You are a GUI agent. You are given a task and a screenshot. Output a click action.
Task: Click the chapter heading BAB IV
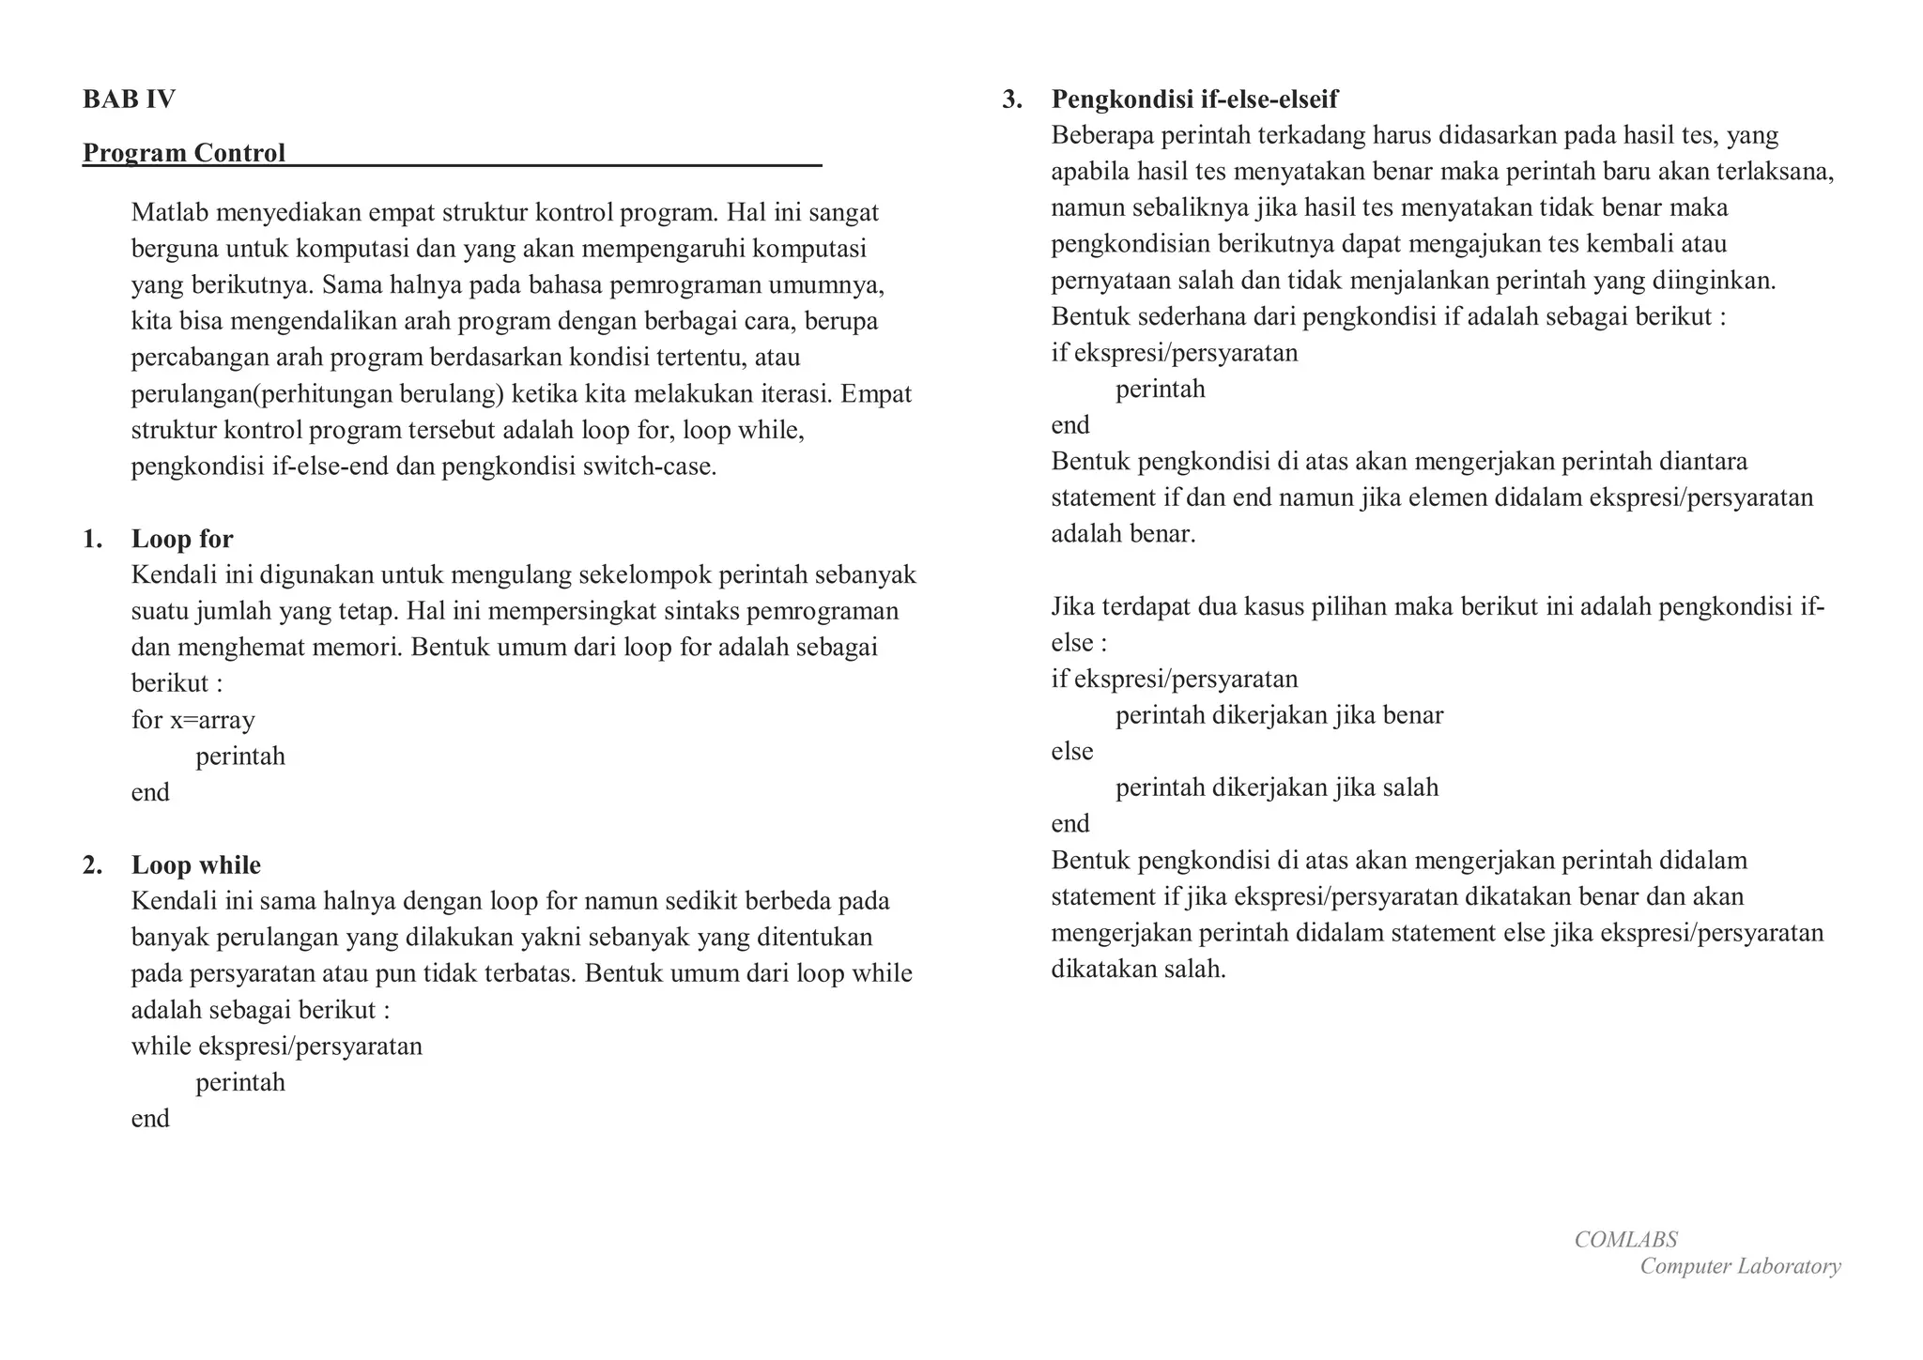[x=129, y=99]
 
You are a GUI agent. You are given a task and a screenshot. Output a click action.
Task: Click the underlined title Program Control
[x=184, y=153]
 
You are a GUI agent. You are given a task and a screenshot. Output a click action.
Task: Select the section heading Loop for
[x=182, y=539]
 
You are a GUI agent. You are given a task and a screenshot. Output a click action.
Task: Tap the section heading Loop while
[x=196, y=864]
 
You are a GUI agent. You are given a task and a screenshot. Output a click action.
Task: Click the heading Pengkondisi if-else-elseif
[x=1194, y=99]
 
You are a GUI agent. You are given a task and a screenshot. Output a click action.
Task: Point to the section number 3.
[x=1011, y=99]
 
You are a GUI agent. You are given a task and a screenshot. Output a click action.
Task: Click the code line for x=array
[x=193, y=720]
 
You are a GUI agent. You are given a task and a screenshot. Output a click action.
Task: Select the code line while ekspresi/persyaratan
[x=277, y=1046]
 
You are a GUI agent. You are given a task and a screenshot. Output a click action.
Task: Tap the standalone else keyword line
[x=1072, y=751]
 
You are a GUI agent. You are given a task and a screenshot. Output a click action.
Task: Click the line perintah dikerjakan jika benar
[x=1279, y=715]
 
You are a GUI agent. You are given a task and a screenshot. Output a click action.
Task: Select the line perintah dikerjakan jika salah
[x=1276, y=787]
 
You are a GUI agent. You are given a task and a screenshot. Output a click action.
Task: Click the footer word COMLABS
[x=1625, y=1240]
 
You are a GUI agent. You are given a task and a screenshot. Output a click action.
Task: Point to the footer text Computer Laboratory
[x=1740, y=1266]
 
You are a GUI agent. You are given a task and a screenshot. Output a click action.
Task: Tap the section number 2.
[x=92, y=864]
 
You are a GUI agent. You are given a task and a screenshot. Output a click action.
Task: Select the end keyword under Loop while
[x=150, y=1119]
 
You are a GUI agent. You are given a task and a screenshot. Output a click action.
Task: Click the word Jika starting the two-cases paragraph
[x=1072, y=607]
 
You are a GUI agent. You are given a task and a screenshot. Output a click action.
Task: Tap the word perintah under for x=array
[x=240, y=756]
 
